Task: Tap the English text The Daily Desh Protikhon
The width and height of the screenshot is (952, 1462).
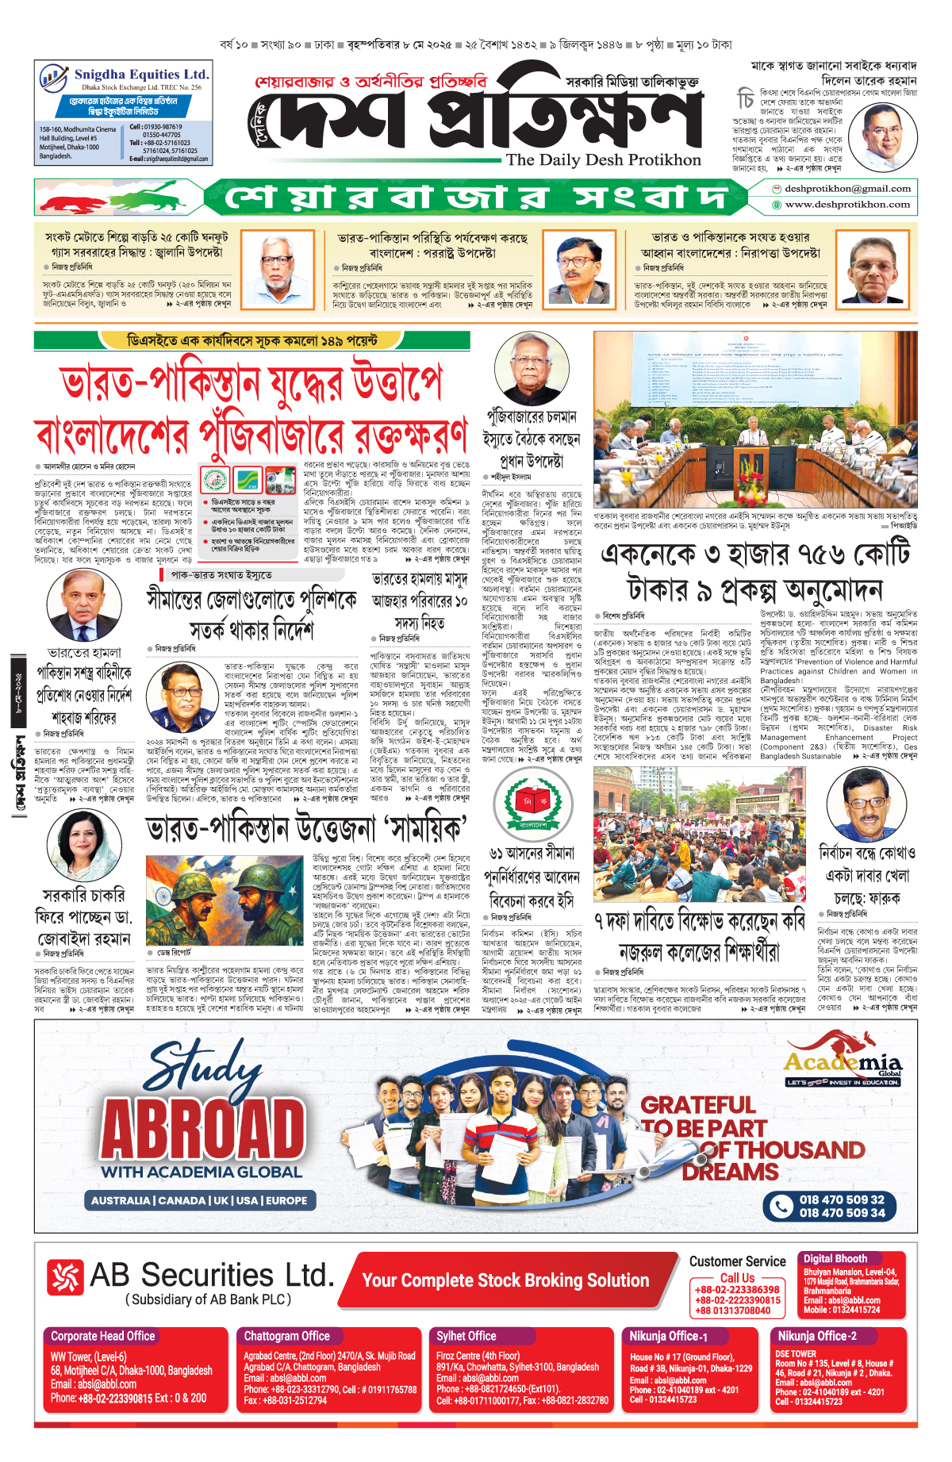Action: pyautogui.click(x=603, y=159)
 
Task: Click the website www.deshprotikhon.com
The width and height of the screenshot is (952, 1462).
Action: pyautogui.click(x=847, y=205)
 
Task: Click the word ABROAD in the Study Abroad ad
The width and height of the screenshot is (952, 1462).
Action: pyautogui.click(x=203, y=1130)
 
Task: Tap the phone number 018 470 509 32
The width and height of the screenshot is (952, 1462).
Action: pyautogui.click(x=842, y=1199)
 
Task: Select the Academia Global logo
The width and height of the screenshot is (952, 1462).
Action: pyautogui.click(x=843, y=1067)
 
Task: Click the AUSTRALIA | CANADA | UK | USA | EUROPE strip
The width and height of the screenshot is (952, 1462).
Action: pyautogui.click(x=199, y=1200)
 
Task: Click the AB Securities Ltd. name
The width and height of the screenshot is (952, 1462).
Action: pyautogui.click(x=211, y=1276)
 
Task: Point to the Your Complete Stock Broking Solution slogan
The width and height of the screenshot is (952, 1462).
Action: pyautogui.click(x=505, y=1280)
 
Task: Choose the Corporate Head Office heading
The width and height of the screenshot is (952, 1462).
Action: pyautogui.click(x=103, y=1336)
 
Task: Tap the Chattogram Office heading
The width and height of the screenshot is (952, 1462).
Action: pyautogui.click(x=286, y=1336)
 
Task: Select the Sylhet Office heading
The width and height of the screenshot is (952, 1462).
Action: pyautogui.click(x=466, y=1336)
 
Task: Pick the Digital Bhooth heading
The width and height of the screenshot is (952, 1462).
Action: pyautogui.click(x=835, y=1258)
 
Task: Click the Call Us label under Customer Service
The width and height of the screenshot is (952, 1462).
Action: pyautogui.click(x=737, y=1278)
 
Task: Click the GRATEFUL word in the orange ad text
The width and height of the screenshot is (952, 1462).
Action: pyautogui.click(x=697, y=1105)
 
